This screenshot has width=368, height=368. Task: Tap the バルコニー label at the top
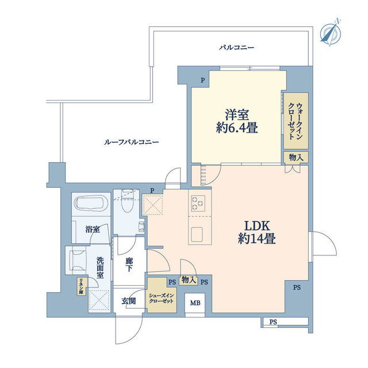tap(236, 47)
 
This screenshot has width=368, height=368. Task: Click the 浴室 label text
tap(93, 229)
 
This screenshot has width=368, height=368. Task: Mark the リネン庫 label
tap(82, 286)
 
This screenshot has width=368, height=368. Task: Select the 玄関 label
tap(128, 300)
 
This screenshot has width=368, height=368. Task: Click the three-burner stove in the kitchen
tap(198, 203)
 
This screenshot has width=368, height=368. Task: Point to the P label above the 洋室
tap(202, 81)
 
